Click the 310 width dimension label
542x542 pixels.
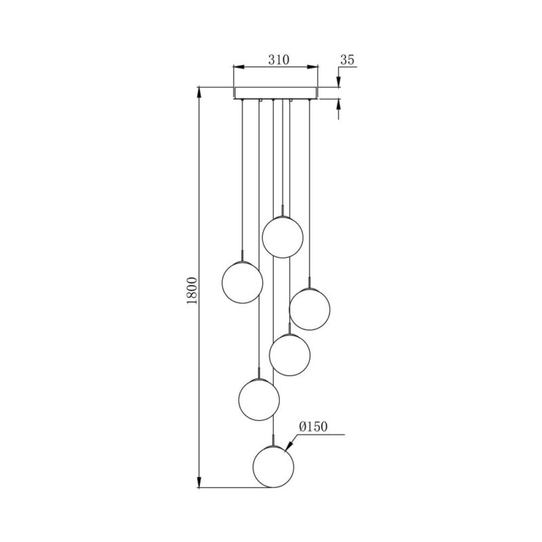tap(275, 60)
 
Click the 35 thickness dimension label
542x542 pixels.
tap(347, 60)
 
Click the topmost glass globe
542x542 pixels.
tap(282, 236)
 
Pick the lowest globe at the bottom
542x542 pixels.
tap(273, 467)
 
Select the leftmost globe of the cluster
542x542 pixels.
tap(243, 282)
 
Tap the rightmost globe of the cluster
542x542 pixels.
tap(310, 309)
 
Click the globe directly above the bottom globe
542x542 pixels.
tap(259, 399)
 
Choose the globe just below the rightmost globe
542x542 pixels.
tap(290, 353)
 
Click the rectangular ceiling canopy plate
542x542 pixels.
tap(275, 93)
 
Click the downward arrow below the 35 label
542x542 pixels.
tap(338, 82)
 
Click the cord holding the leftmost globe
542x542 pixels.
tap(243, 176)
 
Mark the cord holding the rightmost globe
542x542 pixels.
tap(310, 190)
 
